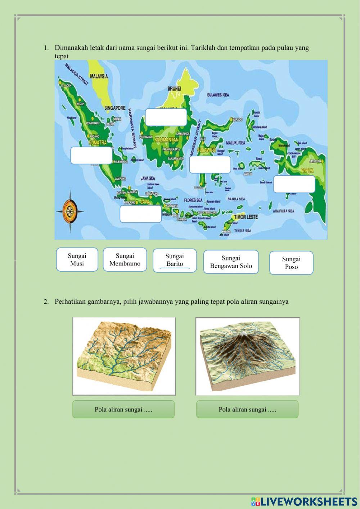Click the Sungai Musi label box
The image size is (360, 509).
pos(77,259)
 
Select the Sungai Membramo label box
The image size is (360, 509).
pos(125,259)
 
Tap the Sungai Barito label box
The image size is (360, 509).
pos(175,260)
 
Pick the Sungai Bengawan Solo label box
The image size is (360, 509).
pos(231,262)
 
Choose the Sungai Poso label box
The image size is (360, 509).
pos(291,263)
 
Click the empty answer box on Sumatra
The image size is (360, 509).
pos(91,155)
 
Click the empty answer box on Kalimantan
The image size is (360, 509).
pos(166,117)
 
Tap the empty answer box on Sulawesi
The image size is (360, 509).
pos(210,165)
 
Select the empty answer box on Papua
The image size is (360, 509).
pos(294,184)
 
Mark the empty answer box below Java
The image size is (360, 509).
pos(141,214)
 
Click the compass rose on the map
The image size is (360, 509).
pos(69,210)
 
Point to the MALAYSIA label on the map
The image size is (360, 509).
pos(99,76)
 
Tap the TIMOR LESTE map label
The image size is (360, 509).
pos(246,217)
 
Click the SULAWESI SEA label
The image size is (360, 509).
pos(218,95)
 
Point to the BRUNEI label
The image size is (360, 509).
pos(174,88)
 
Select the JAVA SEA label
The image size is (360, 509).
pos(148,178)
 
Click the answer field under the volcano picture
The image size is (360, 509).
pos(247,409)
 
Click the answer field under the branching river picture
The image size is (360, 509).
pos(123,409)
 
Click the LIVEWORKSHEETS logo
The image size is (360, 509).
pos(304,501)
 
